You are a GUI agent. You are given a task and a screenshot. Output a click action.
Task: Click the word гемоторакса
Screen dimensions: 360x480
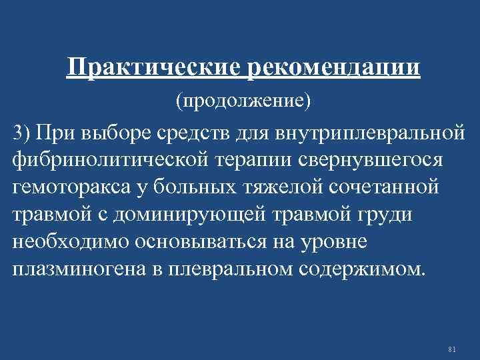point(77,189)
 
